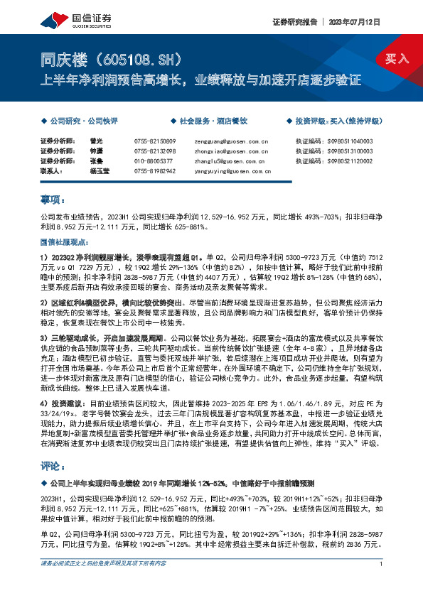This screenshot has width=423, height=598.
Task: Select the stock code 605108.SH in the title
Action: pos(134,58)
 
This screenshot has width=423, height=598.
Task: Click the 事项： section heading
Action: pos(52,200)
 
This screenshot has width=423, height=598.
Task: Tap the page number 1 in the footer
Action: pos(382,583)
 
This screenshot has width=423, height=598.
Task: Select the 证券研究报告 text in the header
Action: pos(293,22)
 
